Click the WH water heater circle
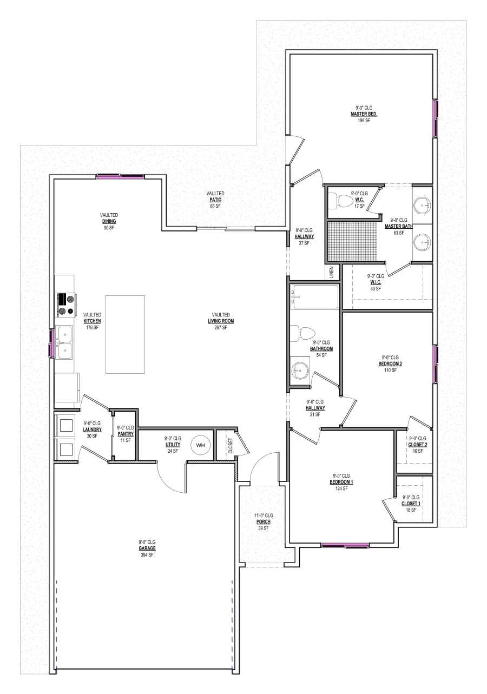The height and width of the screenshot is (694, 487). point(201,445)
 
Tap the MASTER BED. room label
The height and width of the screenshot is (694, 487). point(364,114)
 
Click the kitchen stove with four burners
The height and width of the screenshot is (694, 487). point(66,305)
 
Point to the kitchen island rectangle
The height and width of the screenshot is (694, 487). point(125,335)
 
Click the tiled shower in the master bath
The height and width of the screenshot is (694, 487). point(352,241)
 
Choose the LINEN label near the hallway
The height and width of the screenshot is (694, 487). point(331,272)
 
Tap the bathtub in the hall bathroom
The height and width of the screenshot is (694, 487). point(314,297)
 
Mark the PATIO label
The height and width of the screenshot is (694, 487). point(215,200)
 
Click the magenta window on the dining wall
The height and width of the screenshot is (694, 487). point(120,177)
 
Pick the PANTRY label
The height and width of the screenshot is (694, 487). point(126,434)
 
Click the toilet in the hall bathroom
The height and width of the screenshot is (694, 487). point(303,333)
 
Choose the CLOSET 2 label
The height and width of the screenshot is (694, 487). point(418,445)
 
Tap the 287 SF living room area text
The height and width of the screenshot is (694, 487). point(221,327)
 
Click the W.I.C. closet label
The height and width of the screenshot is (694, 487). point(376,282)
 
